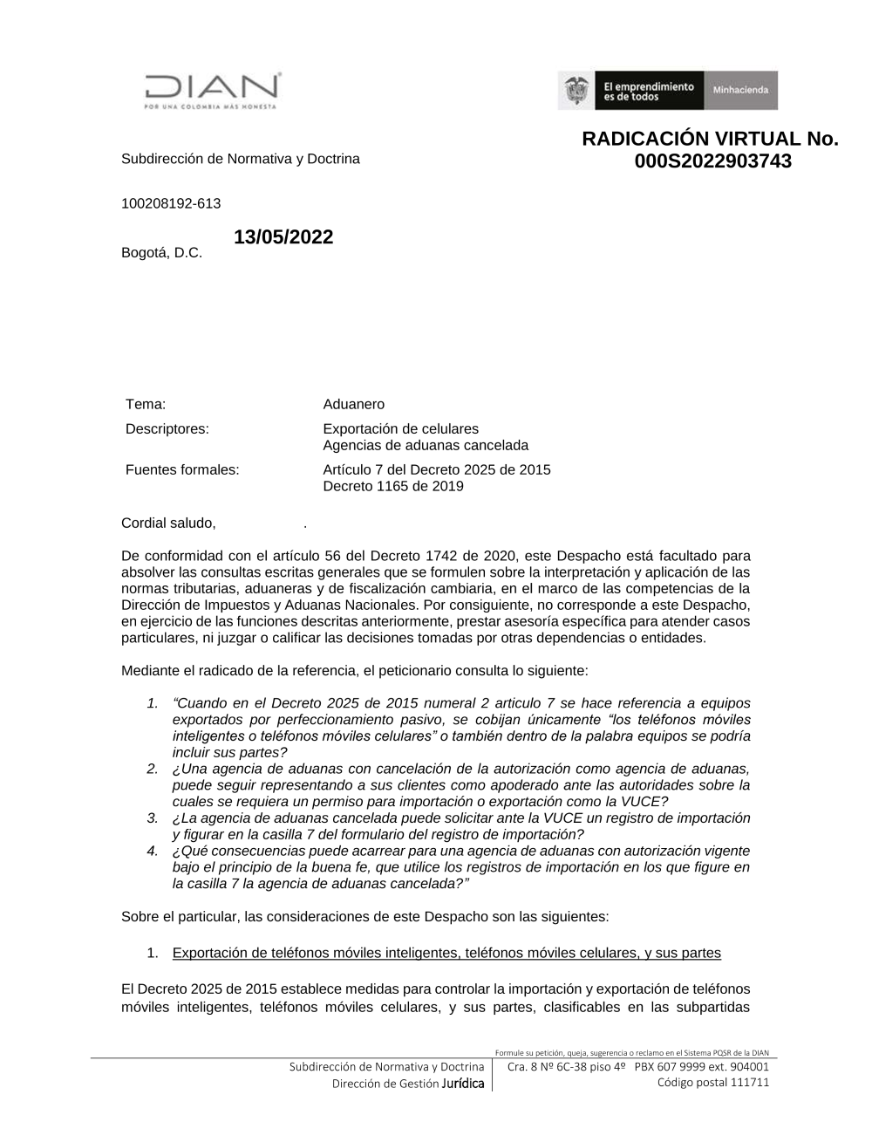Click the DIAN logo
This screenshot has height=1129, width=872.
212,90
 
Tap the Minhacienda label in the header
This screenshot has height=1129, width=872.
740,91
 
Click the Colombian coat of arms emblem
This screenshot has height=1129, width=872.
576,91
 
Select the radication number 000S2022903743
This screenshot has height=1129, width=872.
712,161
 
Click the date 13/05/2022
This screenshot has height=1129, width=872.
283,237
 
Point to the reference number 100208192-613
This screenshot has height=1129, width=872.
171,203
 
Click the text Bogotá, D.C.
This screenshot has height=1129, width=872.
161,253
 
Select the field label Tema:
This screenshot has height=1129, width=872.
146,404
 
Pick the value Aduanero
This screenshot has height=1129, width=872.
353,404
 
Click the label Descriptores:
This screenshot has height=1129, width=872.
167,428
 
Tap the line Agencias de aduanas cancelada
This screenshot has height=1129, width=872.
426,445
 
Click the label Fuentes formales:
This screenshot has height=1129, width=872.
182,469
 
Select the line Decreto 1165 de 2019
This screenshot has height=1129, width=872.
392,486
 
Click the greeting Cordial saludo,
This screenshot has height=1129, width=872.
168,523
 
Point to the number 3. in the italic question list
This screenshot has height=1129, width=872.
153,818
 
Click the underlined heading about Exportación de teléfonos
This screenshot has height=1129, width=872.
446,953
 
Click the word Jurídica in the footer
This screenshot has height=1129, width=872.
463,1084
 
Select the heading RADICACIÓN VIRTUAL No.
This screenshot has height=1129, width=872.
710,140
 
